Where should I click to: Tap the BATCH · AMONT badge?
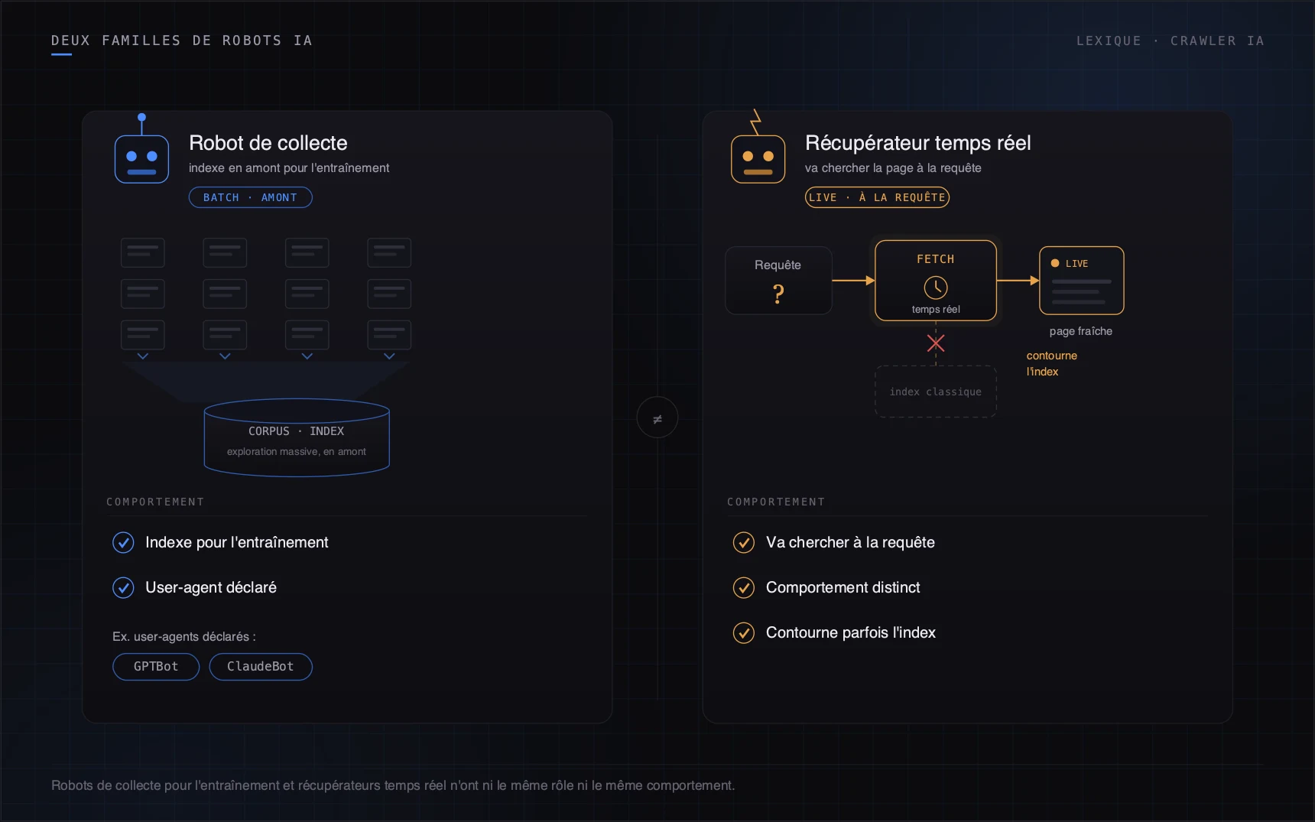coord(250,197)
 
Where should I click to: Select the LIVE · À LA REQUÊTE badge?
coord(877,197)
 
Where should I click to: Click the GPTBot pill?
coord(156,667)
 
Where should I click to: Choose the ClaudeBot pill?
coord(261,667)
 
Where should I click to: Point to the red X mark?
coord(936,343)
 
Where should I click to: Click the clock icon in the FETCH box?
coord(936,288)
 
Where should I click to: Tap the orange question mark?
coord(778,294)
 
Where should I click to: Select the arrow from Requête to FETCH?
coord(853,281)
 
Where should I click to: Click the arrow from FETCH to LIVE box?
coord(1018,281)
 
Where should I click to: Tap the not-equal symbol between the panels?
coord(657,418)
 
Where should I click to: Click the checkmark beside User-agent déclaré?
coord(123,587)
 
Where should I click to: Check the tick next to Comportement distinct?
coord(744,587)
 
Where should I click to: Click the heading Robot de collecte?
coord(268,143)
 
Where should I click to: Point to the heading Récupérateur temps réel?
coord(918,143)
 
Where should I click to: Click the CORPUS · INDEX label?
coord(297,431)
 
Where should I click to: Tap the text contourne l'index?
coord(1052,363)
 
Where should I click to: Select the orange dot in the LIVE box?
coord(1055,263)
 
